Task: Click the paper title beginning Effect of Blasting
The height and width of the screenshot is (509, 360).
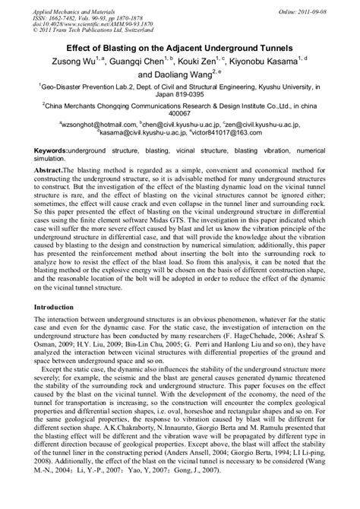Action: point(180,43)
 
